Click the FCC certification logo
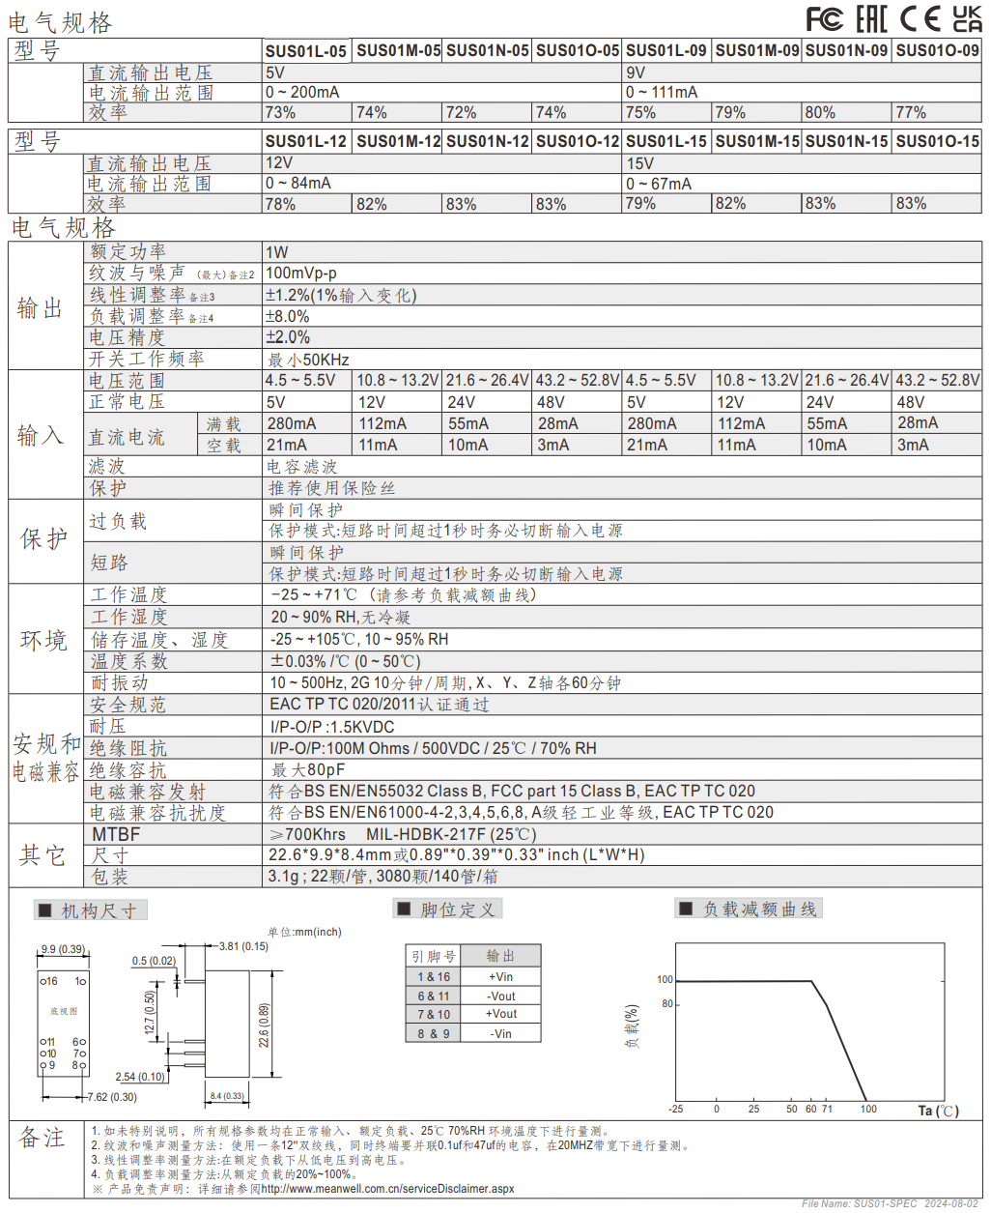tap(824, 19)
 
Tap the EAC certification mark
tap(871, 19)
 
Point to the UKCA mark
tap(967, 19)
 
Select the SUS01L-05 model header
tap(306, 51)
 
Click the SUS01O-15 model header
tap(937, 141)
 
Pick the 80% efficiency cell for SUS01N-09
tap(820, 112)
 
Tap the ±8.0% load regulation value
tap(287, 316)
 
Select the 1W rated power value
tap(276, 252)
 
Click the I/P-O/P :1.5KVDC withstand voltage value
tap(332, 727)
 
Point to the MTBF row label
tap(116, 834)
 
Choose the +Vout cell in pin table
tap(501, 1014)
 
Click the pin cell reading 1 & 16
tap(434, 976)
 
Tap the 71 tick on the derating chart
tap(827, 1109)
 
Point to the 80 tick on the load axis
tap(666, 1003)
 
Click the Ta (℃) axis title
tap(938, 1111)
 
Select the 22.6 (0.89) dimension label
tap(264, 1025)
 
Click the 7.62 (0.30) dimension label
tap(112, 1097)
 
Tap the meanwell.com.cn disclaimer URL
tap(387, 1188)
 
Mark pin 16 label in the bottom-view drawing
tap(52, 981)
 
